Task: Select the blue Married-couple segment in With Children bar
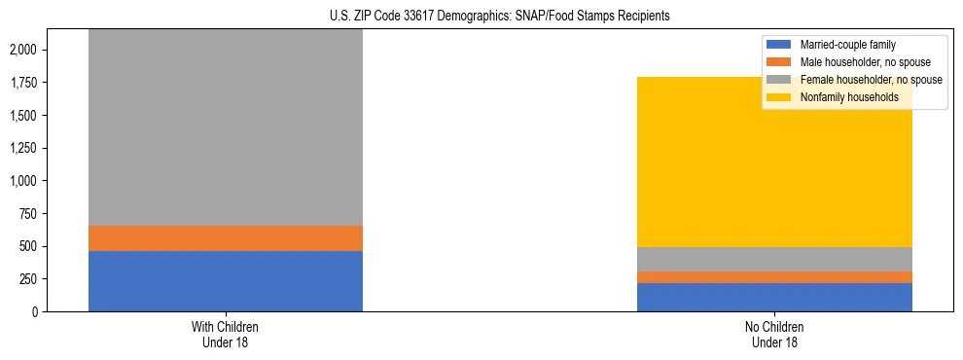pyautogui.click(x=225, y=281)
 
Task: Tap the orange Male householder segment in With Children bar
pyautogui.click(x=225, y=238)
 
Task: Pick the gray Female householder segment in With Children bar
pyautogui.click(x=225, y=126)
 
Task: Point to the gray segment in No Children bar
pyautogui.click(x=774, y=259)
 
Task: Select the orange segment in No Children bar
pyautogui.click(x=774, y=277)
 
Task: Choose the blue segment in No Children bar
pyautogui.click(x=774, y=297)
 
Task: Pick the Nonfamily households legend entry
pyautogui.click(x=841, y=97)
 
